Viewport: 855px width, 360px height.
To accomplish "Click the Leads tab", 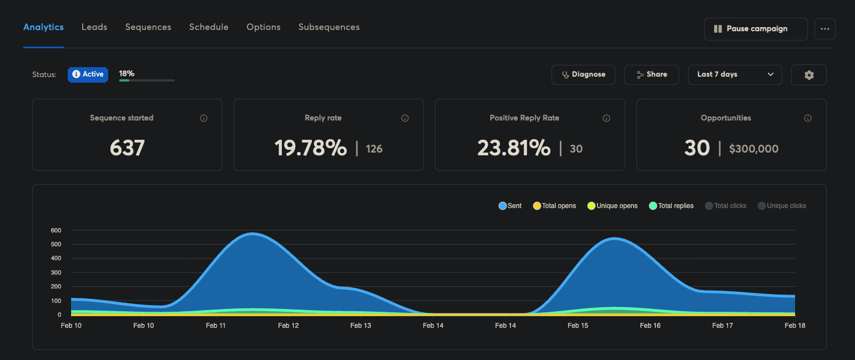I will (94, 27).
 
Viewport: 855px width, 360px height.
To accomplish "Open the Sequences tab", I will (148, 27).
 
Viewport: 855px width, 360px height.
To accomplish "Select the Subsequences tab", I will (329, 27).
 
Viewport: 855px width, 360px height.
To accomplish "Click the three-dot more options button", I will (824, 29).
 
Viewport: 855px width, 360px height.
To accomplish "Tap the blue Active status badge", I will (88, 74).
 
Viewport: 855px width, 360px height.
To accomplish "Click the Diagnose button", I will (583, 74).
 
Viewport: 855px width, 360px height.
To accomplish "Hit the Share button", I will (651, 74).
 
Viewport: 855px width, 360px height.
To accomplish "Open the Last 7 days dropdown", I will (735, 74).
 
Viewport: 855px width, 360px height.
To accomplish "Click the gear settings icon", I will (808, 75).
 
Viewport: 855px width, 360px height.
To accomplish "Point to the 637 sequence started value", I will (127, 148).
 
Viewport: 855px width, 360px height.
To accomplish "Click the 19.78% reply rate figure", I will (311, 148).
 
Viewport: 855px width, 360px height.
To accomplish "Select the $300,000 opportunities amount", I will (753, 149).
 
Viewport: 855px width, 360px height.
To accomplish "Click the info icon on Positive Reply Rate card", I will (606, 118).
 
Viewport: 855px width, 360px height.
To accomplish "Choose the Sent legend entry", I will (510, 206).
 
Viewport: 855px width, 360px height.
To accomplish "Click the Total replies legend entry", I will (671, 206).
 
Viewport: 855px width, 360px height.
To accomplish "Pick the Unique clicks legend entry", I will (782, 206).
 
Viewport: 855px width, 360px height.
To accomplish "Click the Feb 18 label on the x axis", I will (795, 326).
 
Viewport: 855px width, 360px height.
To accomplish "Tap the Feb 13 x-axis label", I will (361, 326).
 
